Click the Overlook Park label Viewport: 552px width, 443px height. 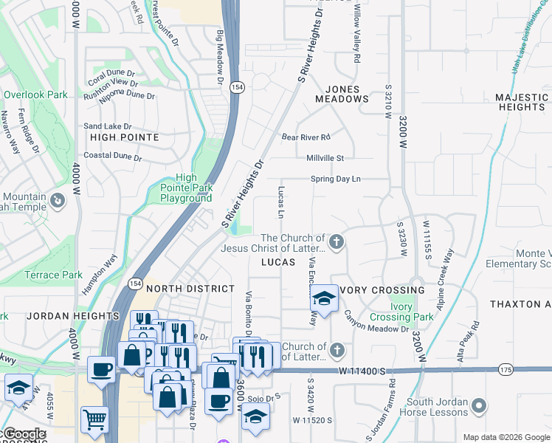35,95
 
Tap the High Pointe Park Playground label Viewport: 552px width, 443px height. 187,188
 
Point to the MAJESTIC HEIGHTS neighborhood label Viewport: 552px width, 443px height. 521,102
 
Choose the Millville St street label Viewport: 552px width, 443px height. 325,158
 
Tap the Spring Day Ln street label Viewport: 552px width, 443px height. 335,179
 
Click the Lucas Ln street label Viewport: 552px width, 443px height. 280,202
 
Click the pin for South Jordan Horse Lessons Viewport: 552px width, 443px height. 479,406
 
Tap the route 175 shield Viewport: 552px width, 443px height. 506,368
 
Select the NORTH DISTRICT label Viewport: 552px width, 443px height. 190,289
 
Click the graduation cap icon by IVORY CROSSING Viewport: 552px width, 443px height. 323,298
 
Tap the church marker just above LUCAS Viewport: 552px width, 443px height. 337,241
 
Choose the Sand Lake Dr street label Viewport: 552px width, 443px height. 107,126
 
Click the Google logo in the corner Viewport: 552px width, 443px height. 24,434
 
